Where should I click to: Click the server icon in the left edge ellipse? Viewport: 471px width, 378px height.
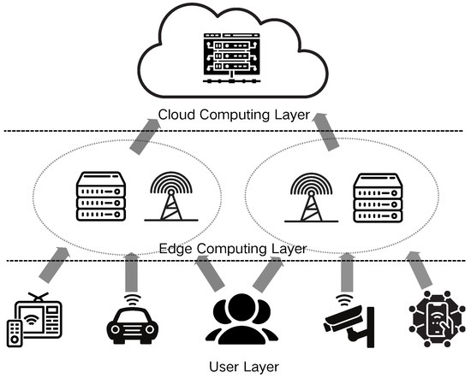coord(100,196)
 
